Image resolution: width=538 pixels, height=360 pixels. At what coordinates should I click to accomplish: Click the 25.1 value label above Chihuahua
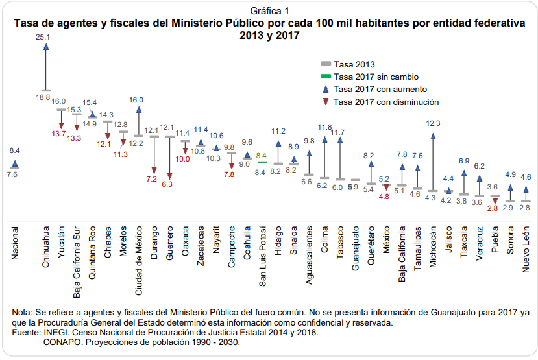43,38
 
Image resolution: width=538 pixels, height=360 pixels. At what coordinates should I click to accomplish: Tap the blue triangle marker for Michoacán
433,136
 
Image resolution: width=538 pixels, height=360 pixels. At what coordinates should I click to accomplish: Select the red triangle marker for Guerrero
170,176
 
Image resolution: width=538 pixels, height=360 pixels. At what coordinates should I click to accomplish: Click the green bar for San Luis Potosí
263,162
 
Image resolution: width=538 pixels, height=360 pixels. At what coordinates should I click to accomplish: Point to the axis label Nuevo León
526,243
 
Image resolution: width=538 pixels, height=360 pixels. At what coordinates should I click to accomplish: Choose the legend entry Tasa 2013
354,64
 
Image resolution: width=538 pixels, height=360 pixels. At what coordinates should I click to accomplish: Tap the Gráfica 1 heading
269,10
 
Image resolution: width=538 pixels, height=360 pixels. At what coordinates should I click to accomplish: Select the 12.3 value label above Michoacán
433,123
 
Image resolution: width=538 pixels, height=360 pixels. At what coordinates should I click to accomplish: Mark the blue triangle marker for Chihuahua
45,49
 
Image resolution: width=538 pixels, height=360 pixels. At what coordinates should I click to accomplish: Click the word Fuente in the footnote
26,332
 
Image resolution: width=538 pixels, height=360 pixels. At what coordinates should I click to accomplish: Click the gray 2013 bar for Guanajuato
356,180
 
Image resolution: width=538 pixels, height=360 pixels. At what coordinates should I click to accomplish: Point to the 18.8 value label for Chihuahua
43,97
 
